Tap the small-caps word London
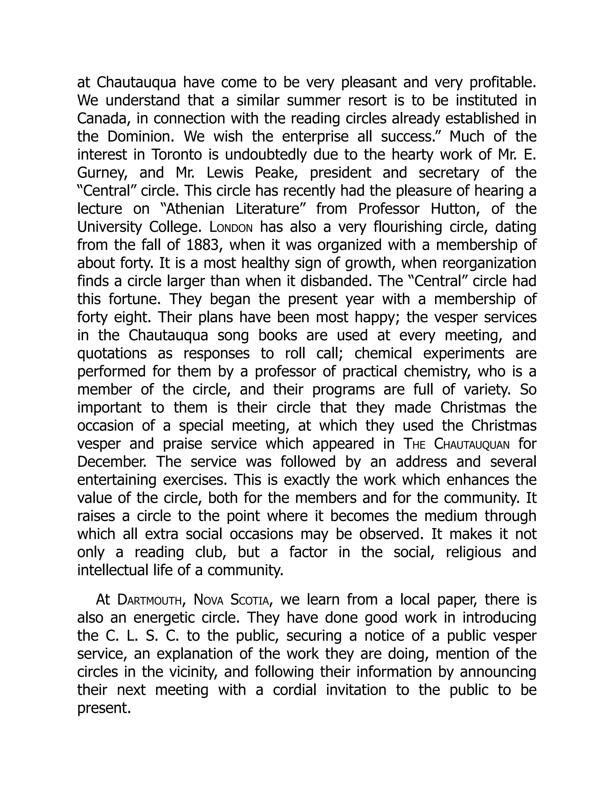point(231,227)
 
